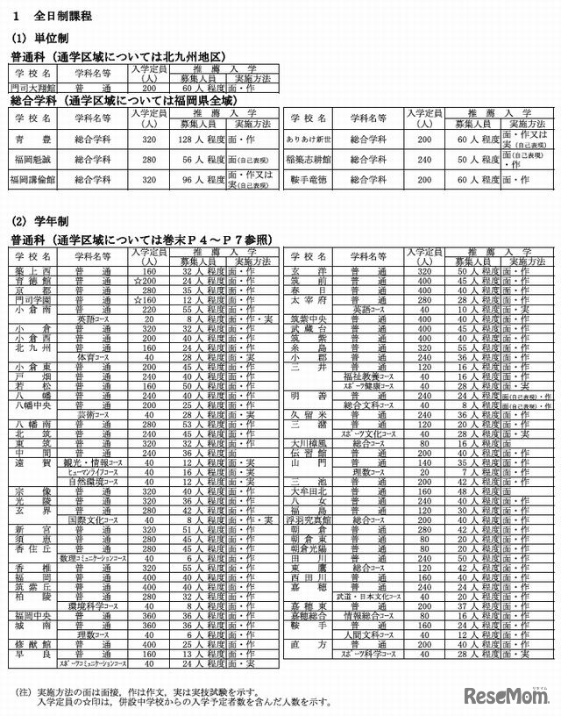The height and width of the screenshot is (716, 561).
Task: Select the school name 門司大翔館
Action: pyautogui.click(x=32, y=89)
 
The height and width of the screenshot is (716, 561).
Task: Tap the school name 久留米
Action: pyautogui.click(x=309, y=414)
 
